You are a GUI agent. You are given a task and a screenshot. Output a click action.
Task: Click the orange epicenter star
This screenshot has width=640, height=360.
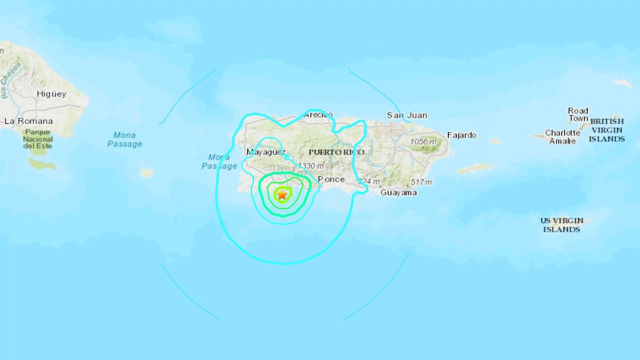282,195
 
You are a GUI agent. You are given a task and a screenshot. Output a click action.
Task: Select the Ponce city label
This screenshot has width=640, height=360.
328,179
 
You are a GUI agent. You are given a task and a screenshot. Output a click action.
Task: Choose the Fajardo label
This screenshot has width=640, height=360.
462,135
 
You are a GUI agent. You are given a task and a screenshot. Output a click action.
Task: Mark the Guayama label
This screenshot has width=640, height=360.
398,193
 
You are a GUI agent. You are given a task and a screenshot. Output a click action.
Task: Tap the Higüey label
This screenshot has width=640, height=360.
51,94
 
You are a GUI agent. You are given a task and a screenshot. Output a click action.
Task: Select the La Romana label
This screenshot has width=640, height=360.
29,121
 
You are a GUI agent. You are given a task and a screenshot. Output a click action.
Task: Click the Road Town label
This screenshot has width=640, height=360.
578,115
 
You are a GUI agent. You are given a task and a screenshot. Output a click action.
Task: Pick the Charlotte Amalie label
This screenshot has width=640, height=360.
562,137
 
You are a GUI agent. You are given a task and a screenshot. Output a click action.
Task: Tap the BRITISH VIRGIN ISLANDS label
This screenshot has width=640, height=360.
606,130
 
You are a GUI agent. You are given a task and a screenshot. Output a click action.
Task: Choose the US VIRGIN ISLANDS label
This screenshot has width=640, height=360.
562,225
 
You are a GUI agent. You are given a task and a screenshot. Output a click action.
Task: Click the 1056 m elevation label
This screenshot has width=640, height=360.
423,142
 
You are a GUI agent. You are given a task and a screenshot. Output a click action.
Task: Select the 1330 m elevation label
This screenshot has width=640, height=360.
311,166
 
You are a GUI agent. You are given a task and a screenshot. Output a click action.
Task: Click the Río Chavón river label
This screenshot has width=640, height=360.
11,81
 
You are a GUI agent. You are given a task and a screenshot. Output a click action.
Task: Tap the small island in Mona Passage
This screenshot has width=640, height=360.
147,173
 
